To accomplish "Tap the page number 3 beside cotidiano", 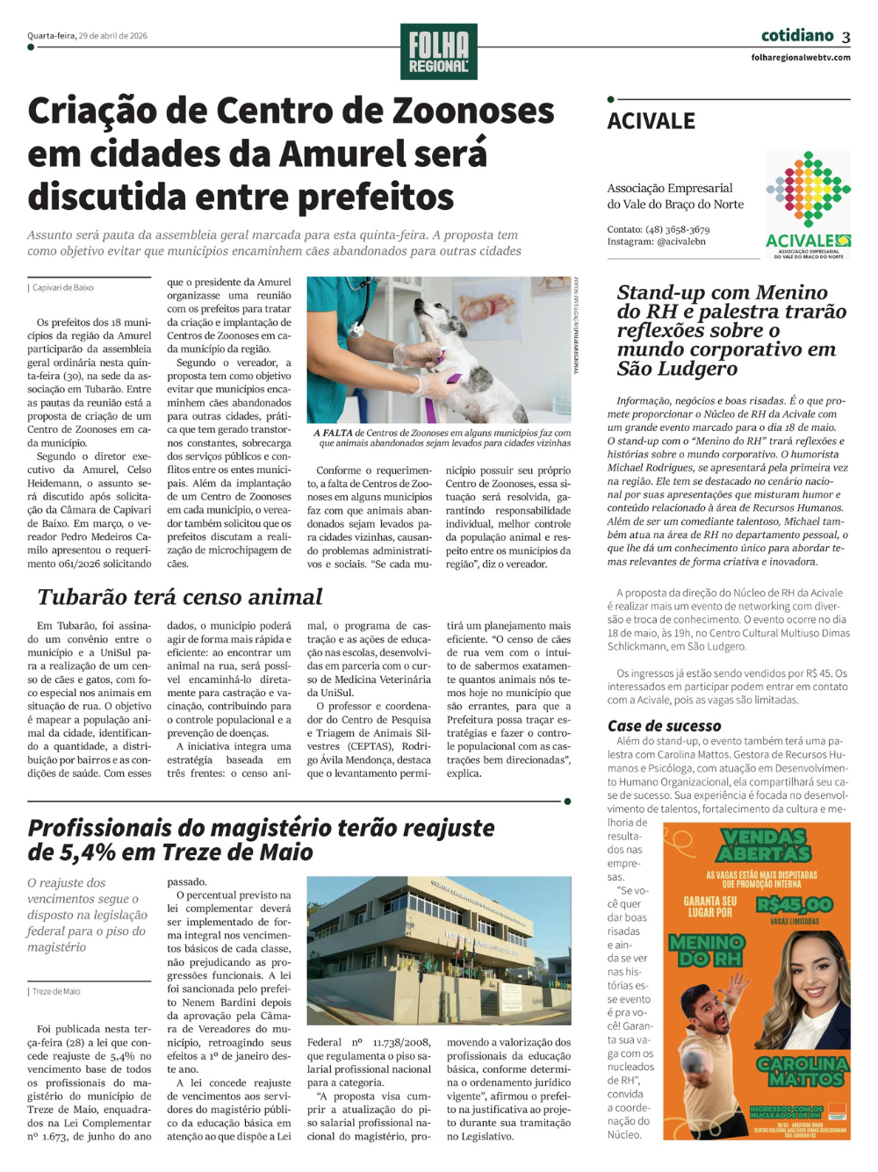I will click(x=846, y=37).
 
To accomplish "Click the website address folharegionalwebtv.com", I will click(x=801, y=58).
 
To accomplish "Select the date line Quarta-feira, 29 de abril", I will click(x=87, y=36).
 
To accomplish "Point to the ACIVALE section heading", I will click(x=651, y=121).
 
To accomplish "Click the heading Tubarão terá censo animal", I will click(x=180, y=597).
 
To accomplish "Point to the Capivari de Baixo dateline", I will click(x=62, y=287).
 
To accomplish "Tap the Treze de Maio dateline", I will click(x=56, y=991).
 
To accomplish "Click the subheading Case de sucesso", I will click(x=665, y=725).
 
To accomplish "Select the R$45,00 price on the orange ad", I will click(x=794, y=904).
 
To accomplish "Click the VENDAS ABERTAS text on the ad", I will click(x=765, y=845).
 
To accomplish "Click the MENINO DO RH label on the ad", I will click(x=706, y=950).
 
